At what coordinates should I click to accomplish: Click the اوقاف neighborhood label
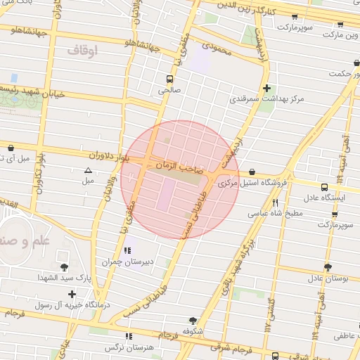coord(83,51)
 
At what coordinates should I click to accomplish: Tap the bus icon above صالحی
coord(169,79)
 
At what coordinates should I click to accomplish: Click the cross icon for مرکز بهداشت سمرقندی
coord(266,88)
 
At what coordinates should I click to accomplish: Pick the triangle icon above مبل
coord(88,170)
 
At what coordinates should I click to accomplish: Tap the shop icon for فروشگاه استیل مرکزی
coord(252,172)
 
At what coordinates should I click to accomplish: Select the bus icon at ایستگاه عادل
coord(324,187)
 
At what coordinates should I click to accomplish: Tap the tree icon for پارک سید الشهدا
coord(65,266)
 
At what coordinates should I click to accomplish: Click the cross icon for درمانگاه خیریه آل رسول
coord(72,293)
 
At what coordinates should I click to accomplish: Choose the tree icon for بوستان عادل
coord(328,266)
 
